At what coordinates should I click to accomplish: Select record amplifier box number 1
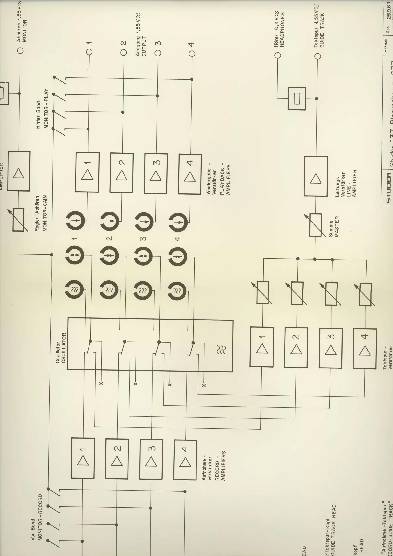[83, 458]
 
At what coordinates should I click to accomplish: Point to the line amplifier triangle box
[316, 177]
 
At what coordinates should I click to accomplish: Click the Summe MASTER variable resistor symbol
[315, 225]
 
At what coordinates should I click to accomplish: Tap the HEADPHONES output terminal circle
[278, 55]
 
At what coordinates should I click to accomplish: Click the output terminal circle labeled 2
[124, 52]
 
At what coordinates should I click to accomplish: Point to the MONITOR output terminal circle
[20, 51]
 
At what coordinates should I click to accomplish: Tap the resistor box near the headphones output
[297, 98]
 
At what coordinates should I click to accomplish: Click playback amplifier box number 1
[88, 172]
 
